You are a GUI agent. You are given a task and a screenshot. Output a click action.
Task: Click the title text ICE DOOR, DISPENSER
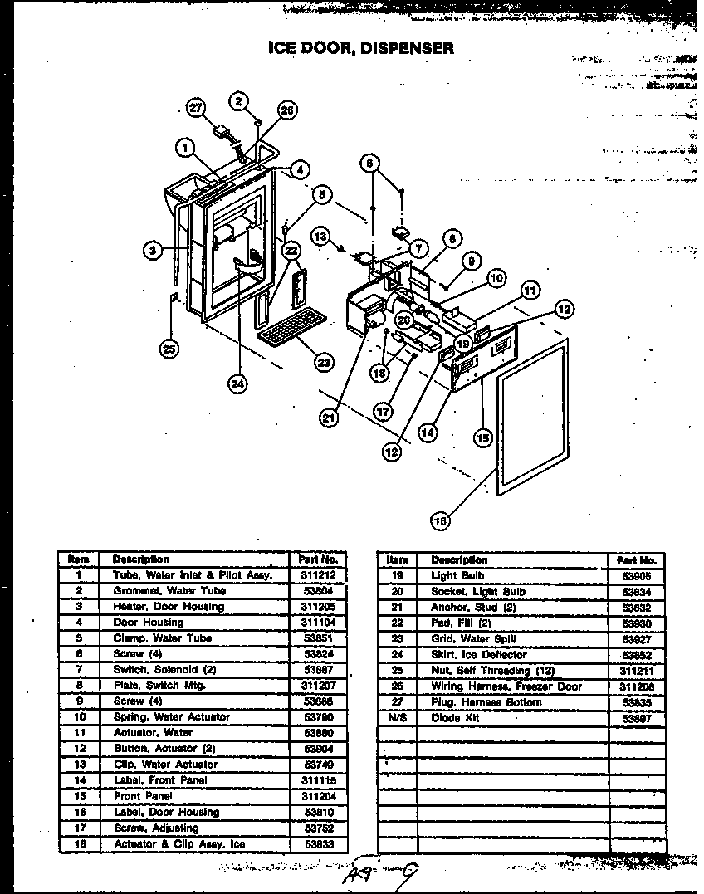click(360, 47)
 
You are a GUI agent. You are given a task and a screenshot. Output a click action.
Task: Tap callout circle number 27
click(196, 107)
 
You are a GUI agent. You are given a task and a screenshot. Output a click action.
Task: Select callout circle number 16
click(440, 520)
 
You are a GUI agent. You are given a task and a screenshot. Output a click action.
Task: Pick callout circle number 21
click(330, 418)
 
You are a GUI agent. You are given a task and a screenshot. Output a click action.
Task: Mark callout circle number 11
click(529, 291)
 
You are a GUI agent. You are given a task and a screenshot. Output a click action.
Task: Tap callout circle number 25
click(170, 349)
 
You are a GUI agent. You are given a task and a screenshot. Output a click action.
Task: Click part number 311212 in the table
click(318, 575)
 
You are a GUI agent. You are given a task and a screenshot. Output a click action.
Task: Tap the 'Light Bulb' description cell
click(457, 575)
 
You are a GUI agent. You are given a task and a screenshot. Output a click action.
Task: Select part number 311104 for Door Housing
click(318, 623)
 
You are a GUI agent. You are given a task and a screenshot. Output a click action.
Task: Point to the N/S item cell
click(398, 718)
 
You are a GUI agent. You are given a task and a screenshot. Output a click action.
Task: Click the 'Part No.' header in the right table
click(637, 560)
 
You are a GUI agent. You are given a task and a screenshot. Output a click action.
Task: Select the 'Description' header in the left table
click(140, 559)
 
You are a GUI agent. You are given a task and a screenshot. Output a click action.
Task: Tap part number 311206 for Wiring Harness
click(637, 686)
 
